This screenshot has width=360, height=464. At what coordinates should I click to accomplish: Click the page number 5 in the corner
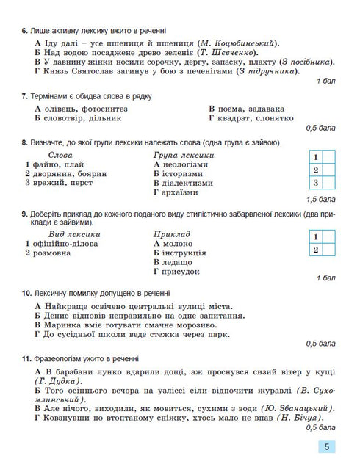coord(326,446)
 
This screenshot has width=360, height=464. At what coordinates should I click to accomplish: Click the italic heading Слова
coord(63,156)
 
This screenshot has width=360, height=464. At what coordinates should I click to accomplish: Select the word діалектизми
coord(188,184)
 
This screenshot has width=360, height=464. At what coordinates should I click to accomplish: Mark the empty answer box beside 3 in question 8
coord(329,183)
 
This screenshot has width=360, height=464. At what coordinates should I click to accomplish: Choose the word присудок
coord(181,271)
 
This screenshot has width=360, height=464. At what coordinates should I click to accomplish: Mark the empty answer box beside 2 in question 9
coord(329,250)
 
